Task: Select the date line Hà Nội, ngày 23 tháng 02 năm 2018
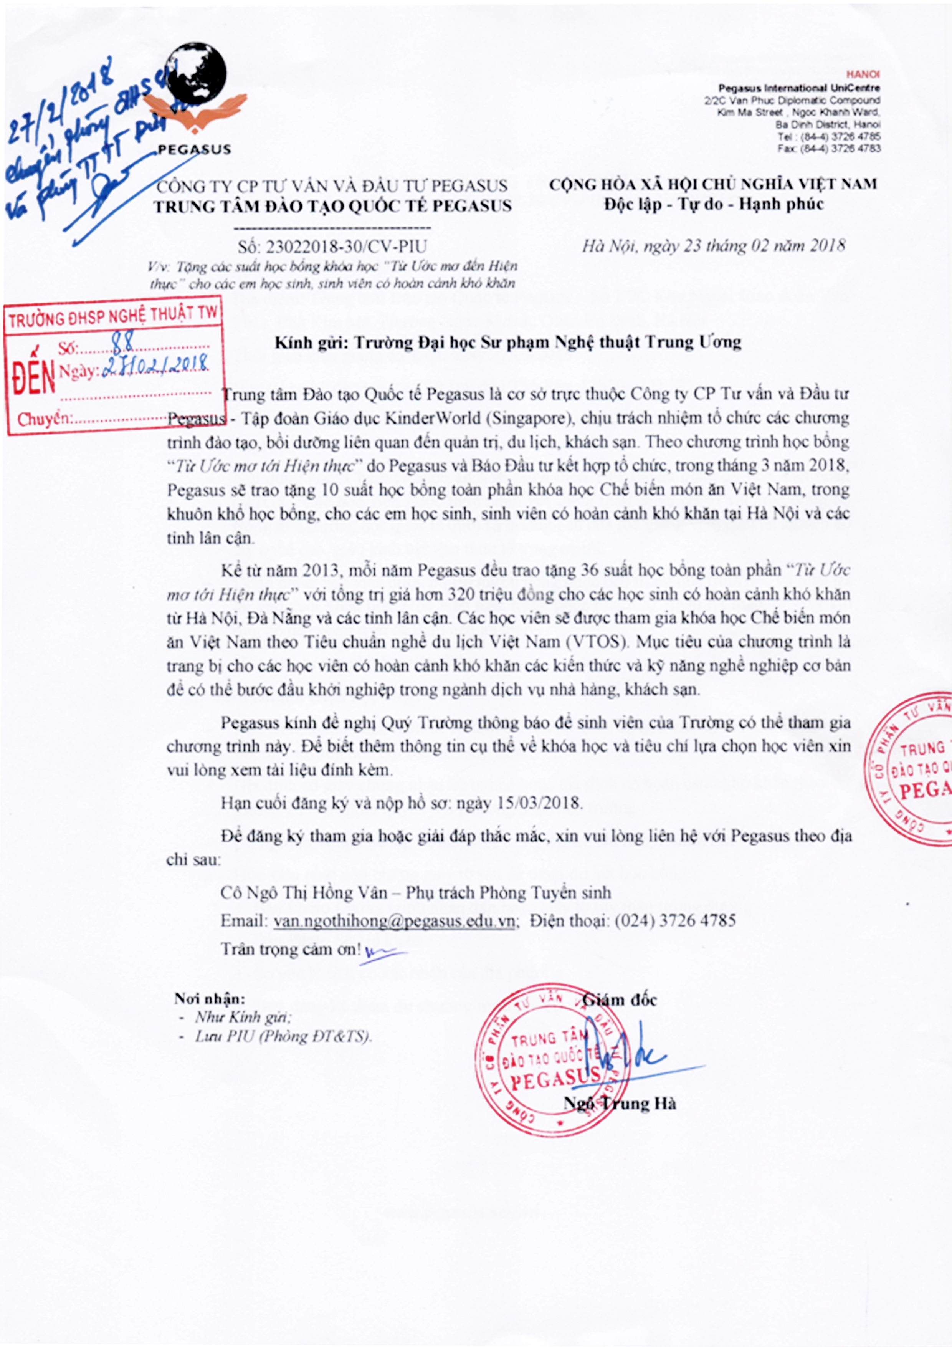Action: click(x=713, y=245)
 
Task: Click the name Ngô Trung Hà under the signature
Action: click(x=620, y=1104)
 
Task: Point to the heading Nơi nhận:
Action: click(x=210, y=998)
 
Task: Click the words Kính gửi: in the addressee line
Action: click(x=311, y=342)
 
